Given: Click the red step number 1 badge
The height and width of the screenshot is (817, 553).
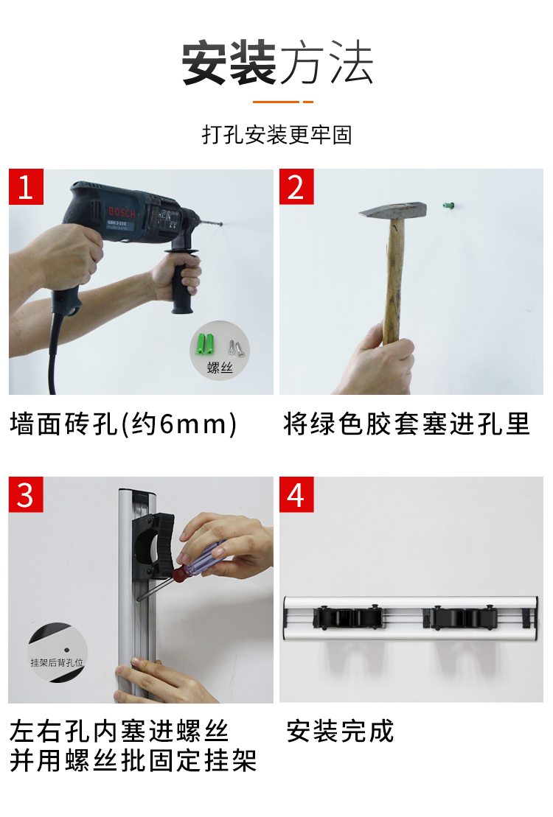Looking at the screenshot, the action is click(x=26, y=186).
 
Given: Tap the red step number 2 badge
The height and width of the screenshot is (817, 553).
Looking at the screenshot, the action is click(x=296, y=186).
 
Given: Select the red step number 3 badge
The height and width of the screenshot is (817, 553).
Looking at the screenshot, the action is click(x=26, y=494).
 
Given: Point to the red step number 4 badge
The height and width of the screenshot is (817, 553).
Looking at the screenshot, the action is click(x=296, y=494).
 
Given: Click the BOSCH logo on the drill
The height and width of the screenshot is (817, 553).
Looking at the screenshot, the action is click(x=122, y=213).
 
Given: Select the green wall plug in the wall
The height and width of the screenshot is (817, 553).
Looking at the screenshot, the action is click(x=447, y=206).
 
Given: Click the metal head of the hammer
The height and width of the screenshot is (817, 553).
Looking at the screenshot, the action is click(x=392, y=211).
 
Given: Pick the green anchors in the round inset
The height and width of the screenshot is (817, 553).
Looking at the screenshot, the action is click(x=204, y=344).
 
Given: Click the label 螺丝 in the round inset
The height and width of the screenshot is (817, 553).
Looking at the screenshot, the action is click(x=220, y=368).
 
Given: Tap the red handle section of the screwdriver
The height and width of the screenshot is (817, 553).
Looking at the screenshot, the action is click(x=180, y=574).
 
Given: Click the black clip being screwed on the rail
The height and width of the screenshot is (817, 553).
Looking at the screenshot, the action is click(x=153, y=546).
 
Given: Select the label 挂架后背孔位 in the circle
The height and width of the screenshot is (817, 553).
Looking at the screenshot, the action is click(x=57, y=663).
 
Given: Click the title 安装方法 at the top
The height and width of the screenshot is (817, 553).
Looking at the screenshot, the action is click(x=277, y=63).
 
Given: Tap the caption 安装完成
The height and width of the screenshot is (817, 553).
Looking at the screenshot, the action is click(x=340, y=731).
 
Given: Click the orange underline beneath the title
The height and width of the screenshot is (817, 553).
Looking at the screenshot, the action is click(x=282, y=102).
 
